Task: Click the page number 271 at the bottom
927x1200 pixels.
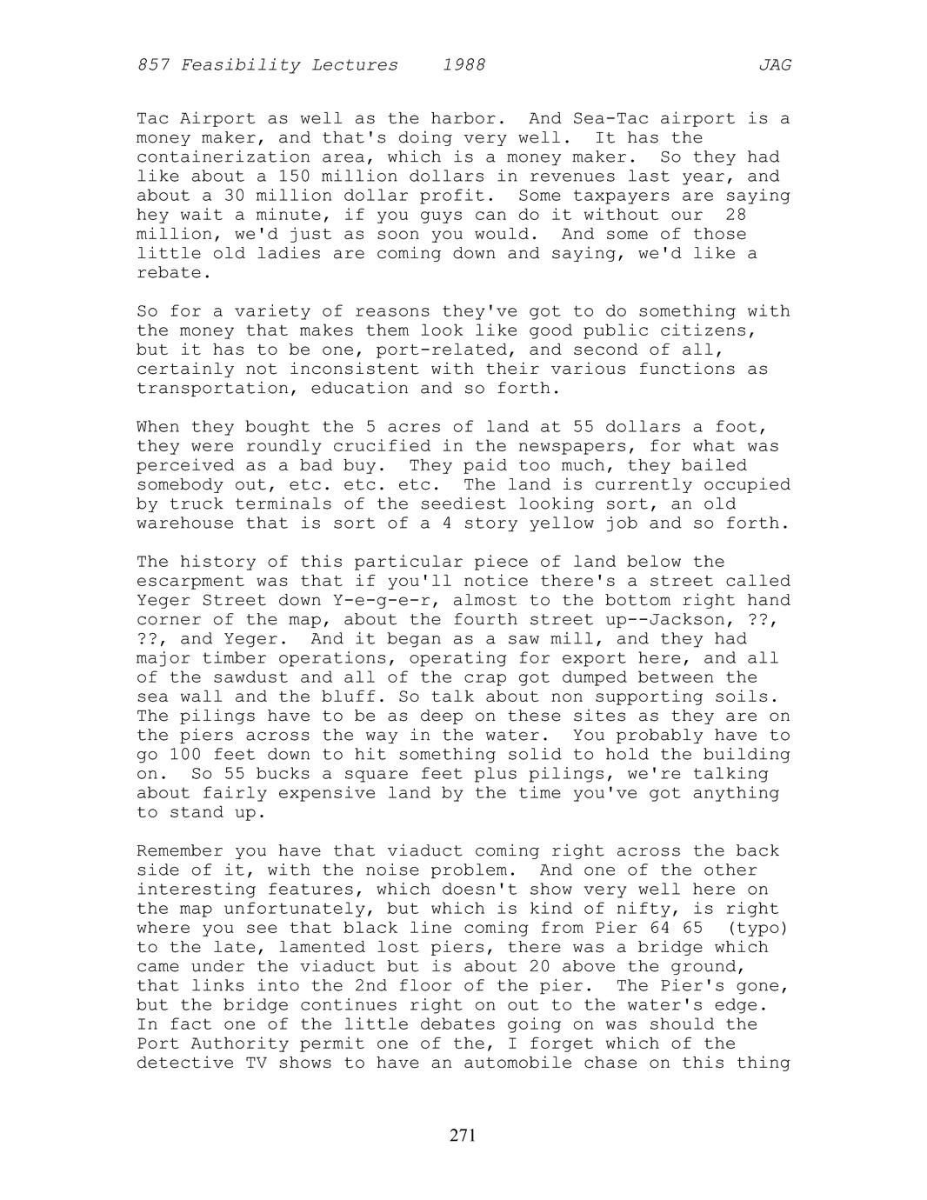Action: (463, 1135)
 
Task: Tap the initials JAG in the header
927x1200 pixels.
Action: (774, 65)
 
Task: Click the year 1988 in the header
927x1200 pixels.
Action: (463, 65)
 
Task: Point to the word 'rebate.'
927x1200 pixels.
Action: (174, 273)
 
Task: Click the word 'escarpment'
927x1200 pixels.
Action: (190, 582)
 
